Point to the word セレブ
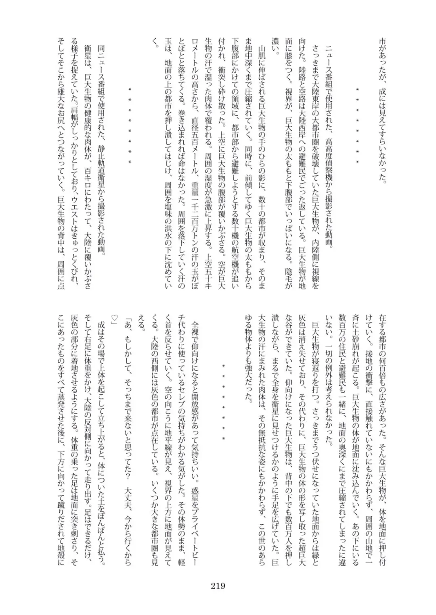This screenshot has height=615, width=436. [x=184, y=395]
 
